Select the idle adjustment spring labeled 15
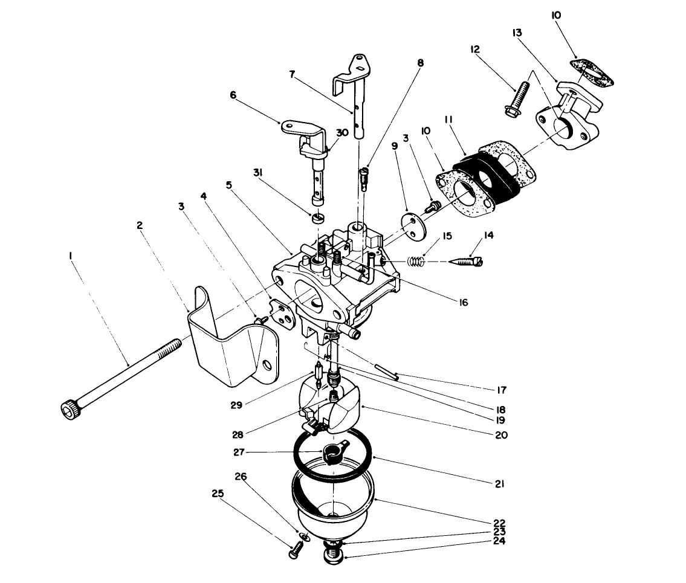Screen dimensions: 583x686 tap(415, 262)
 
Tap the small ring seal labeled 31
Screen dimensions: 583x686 tap(319, 217)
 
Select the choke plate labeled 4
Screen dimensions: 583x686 tap(280, 312)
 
